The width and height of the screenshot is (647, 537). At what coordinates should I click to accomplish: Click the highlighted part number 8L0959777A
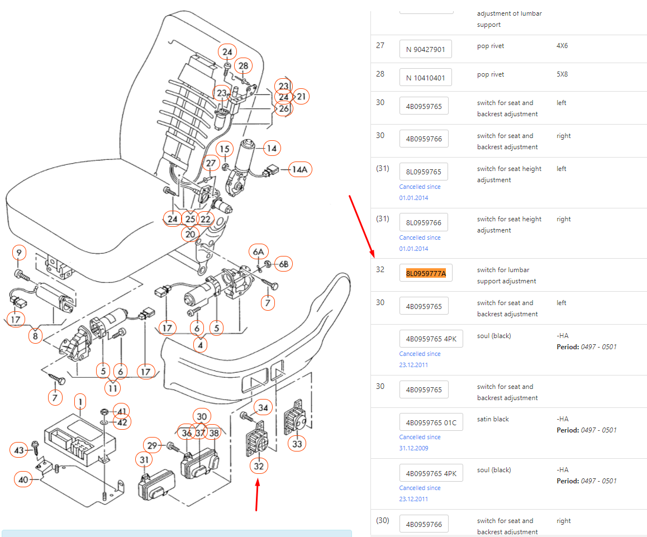coord(426,273)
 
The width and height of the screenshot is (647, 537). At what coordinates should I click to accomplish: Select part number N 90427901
coord(425,49)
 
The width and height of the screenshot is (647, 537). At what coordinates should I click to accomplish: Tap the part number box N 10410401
coord(425,78)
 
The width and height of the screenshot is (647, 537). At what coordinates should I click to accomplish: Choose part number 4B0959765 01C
coord(431,422)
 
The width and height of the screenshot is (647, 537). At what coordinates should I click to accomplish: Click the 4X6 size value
coord(562,46)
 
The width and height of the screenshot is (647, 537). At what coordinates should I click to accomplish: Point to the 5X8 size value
coord(562,74)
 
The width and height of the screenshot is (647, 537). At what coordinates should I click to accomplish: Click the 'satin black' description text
coord(493,419)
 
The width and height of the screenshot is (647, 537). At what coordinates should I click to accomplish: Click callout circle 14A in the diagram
coord(300,169)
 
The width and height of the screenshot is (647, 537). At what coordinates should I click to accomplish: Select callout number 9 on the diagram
coord(19,253)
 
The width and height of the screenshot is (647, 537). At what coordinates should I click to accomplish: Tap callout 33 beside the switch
coord(297,444)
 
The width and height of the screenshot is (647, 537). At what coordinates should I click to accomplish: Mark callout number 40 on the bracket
coord(23,479)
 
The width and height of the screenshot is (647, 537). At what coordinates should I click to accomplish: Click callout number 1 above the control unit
coord(80,401)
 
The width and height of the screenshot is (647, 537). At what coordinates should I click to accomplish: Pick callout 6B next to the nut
coord(283,264)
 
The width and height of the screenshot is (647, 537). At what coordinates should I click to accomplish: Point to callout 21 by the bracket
coord(301,97)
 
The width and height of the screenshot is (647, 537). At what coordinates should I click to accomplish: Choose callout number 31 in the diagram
coord(145,459)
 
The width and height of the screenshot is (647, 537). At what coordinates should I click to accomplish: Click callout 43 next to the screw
coord(20,449)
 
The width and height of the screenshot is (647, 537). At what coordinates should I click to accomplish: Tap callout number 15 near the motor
coord(224,149)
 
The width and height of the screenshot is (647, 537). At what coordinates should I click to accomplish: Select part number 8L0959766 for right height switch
coord(424,222)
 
